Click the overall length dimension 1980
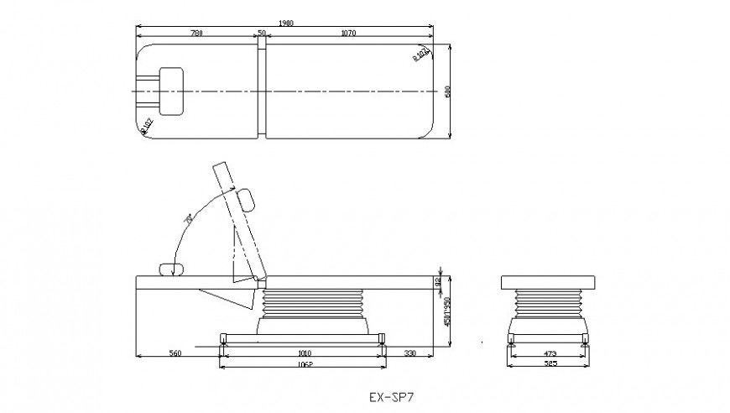tap(285, 24)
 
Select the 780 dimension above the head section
tap(196, 34)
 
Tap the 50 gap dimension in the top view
tap(262, 34)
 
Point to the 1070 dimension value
tap(348, 34)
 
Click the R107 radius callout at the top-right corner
tap(421, 55)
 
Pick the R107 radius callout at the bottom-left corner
tap(147, 125)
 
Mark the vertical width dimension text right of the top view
tap(448, 91)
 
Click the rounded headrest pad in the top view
tap(171, 90)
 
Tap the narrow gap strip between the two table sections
tap(262, 90)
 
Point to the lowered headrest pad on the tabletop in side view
tap(172, 269)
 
